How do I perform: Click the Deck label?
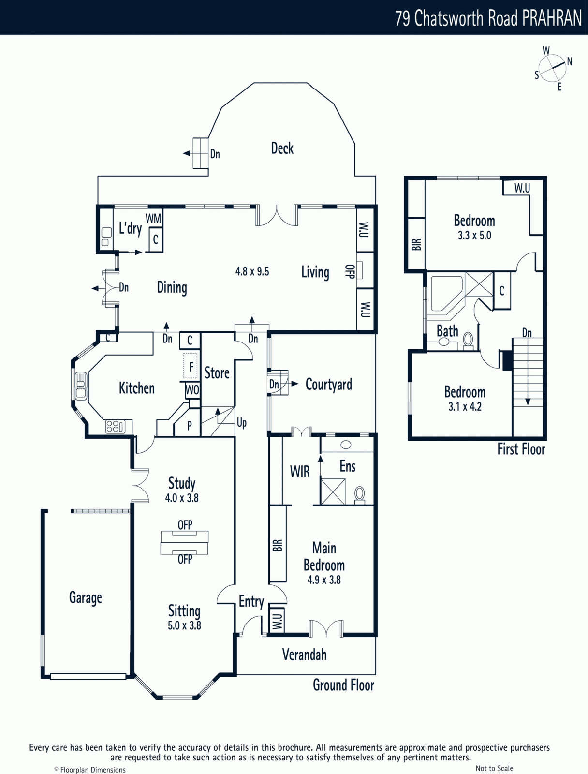click(x=282, y=148)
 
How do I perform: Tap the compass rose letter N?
click(x=569, y=61)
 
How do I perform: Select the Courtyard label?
click(x=329, y=385)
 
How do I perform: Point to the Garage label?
click(x=85, y=598)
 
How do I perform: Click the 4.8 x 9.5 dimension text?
click(x=252, y=271)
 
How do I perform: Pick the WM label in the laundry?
click(x=153, y=219)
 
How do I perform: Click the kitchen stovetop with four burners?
click(x=115, y=427)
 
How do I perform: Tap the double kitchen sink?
click(x=81, y=386)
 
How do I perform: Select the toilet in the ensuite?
click(x=359, y=494)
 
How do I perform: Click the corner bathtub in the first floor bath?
click(x=444, y=293)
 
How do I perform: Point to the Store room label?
click(x=217, y=373)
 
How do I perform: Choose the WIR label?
click(x=300, y=472)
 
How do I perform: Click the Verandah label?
click(x=304, y=655)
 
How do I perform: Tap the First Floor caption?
click(x=521, y=449)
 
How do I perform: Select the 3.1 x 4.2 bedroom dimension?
click(x=465, y=406)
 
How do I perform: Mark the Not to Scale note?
click(x=494, y=768)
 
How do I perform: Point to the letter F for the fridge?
click(x=191, y=367)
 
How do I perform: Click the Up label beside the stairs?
click(x=242, y=423)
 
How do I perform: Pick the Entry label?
click(x=251, y=602)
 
